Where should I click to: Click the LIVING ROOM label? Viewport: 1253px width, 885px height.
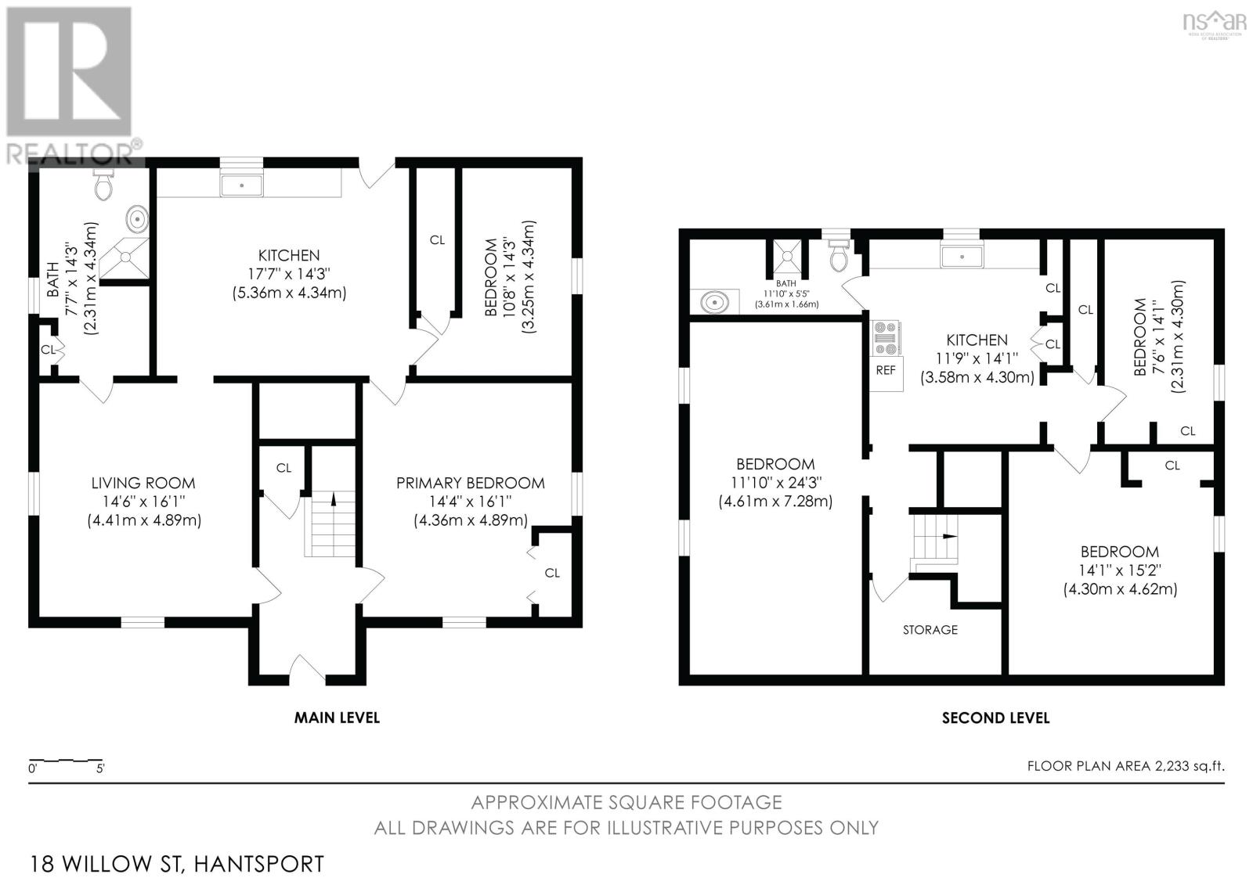pos(143,483)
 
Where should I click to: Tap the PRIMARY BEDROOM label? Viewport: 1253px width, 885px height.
pos(470,483)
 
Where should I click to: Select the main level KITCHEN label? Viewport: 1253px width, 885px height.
pos(289,255)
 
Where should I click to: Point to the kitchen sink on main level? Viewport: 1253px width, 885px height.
pos(242,185)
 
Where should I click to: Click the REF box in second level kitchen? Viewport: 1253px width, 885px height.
pos(886,371)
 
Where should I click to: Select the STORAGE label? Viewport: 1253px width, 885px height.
pos(930,629)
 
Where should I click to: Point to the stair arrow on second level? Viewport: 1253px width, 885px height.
pos(949,537)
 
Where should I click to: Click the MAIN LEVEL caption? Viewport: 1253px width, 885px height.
pos(337,717)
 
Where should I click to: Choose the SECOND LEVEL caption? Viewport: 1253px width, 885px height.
pos(995,718)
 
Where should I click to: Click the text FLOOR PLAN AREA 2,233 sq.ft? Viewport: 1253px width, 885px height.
pos(1125,766)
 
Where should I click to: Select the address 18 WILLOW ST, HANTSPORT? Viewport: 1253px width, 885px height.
pos(176,864)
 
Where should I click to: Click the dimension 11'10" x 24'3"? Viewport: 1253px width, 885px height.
pos(775,483)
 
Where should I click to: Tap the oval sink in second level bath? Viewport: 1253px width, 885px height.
pos(714,301)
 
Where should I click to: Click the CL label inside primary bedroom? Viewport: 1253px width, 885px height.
pos(552,573)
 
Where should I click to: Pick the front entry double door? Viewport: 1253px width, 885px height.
pos(307,669)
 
